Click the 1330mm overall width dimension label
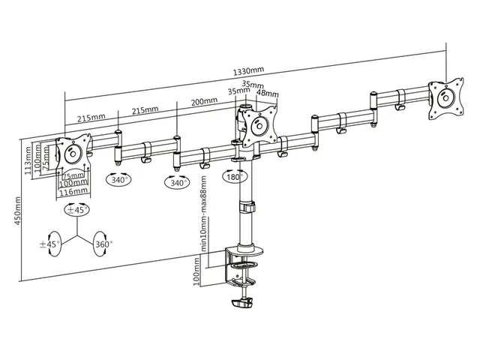tap(248, 71)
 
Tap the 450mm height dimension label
tap(18, 211)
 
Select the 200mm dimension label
tap(204, 101)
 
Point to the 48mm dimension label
tap(267, 92)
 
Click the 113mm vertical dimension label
tap(28, 160)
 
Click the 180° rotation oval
tap(235, 177)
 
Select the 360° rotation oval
tap(102, 244)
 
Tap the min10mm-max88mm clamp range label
tap(204, 213)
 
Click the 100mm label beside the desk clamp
tap(196, 271)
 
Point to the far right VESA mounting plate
tap(446, 98)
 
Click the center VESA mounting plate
tap(259, 125)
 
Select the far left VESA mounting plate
tap(73, 154)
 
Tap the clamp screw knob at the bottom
tap(241, 303)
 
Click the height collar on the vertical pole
tap(247, 207)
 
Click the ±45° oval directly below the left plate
tap(77, 210)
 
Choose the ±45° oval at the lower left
tap(52, 244)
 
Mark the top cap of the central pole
tap(245, 107)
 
